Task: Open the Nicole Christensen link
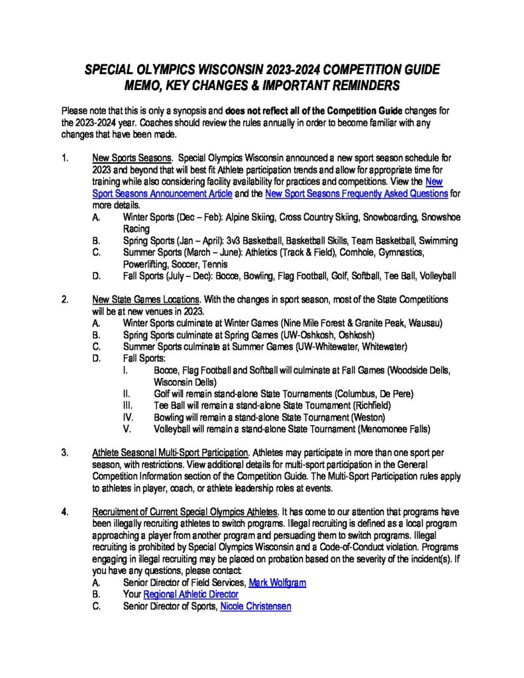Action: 255,606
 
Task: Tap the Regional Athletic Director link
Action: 191,595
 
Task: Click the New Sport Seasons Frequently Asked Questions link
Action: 356,193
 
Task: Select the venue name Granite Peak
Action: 386,322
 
